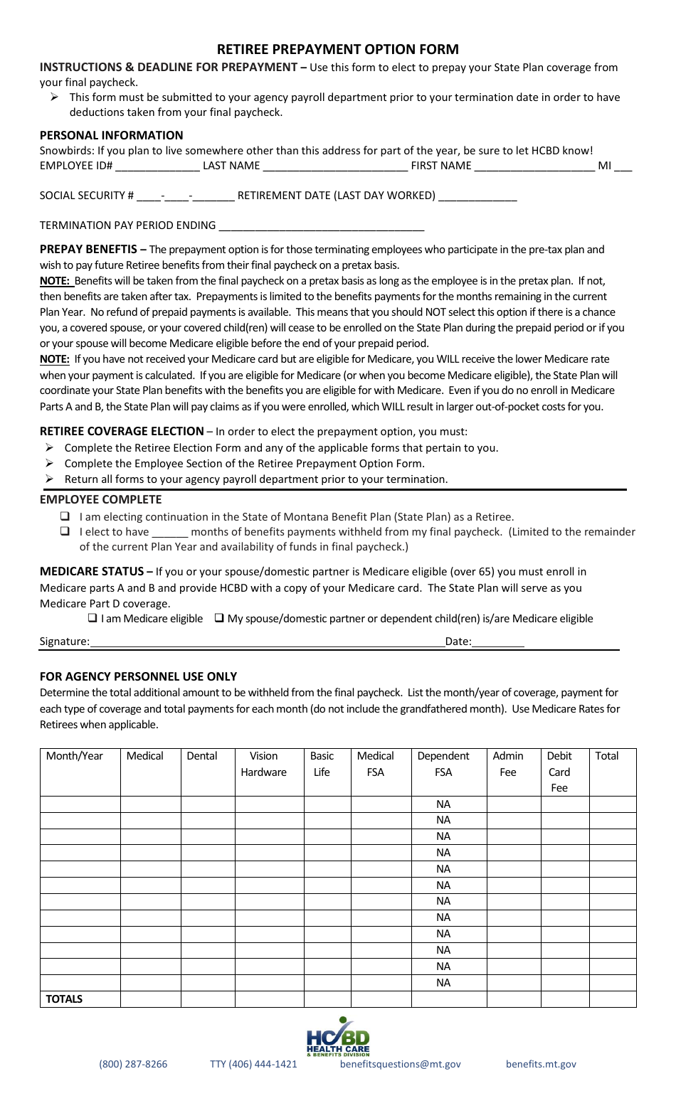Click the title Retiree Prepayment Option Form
click(337, 49)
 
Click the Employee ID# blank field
click(157, 167)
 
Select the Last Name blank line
click(335, 167)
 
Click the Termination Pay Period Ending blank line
click(321, 227)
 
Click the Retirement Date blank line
click(477, 197)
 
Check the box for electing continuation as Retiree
click(65, 517)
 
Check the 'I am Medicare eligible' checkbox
click(93, 619)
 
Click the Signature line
click(267, 642)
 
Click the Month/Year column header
click(75, 756)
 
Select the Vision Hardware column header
click(263, 764)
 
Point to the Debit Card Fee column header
click(559, 772)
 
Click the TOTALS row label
click(65, 999)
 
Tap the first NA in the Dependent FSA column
click(443, 804)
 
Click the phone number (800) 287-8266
click(133, 1065)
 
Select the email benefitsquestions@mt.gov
click(401, 1065)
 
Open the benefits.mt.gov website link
click(541, 1065)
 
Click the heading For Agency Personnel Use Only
click(138, 676)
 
